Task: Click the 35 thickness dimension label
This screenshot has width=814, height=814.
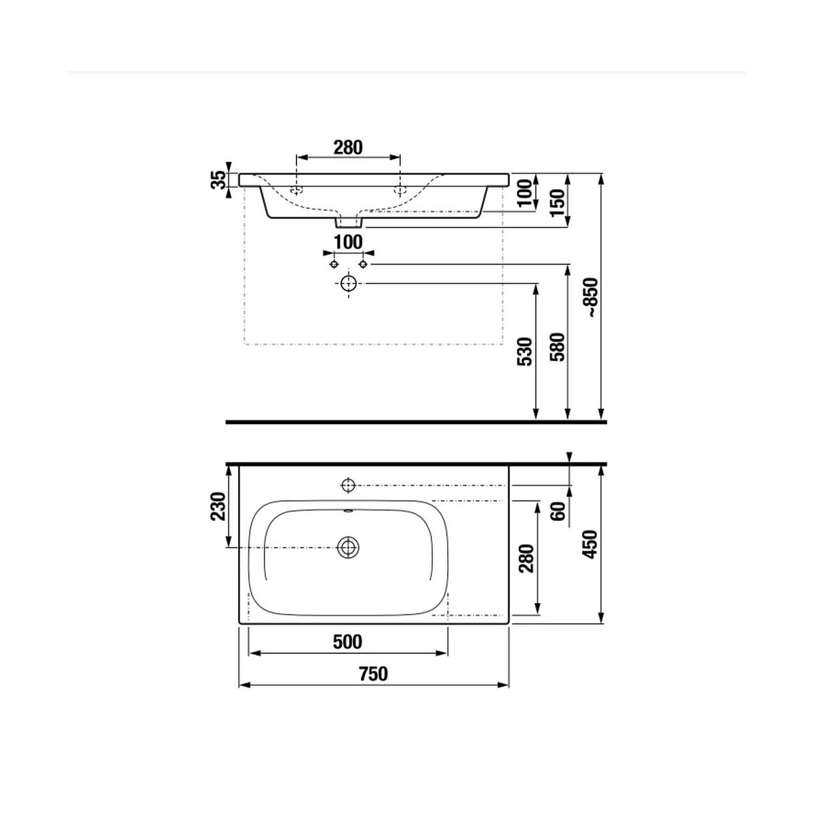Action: click(x=219, y=180)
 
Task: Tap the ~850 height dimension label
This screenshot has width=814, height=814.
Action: click(x=592, y=298)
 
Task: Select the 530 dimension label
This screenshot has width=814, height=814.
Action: click(x=525, y=351)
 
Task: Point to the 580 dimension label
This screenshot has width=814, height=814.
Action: click(x=558, y=347)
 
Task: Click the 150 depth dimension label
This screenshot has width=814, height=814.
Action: click(x=558, y=202)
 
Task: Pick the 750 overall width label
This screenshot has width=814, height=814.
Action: click(x=373, y=674)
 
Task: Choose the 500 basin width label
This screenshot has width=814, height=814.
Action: click(x=348, y=642)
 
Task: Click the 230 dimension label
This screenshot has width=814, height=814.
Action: click(x=219, y=506)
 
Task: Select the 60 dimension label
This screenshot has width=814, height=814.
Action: click(x=558, y=511)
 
